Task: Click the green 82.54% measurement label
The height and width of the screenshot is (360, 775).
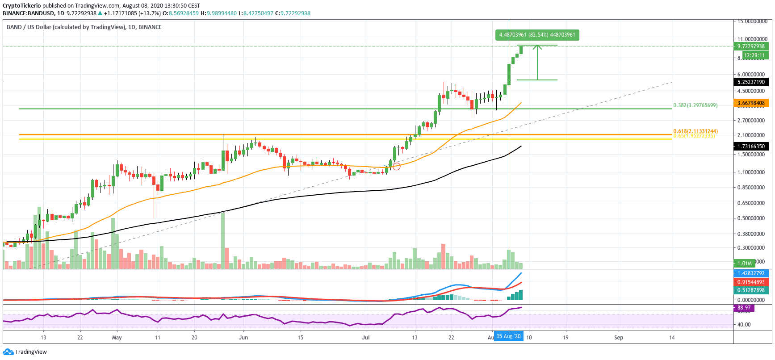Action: click(x=537, y=35)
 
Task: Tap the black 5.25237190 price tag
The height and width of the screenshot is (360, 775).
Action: click(x=751, y=82)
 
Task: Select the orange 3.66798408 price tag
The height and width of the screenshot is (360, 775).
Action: click(x=751, y=103)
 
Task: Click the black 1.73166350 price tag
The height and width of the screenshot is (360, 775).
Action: click(x=751, y=147)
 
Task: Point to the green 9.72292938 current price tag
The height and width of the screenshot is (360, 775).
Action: click(x=751, y=46)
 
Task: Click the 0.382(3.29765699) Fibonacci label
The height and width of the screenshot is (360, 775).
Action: click(x=695, y=105)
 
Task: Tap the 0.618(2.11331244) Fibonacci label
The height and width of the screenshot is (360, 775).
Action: click(x=695, y=131)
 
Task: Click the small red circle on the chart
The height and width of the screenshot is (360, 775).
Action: click(x=396, y=167)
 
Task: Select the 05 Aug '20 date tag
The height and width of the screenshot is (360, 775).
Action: click(x=508, y=336)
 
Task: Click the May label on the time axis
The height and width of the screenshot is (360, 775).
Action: click(x=117, y=337)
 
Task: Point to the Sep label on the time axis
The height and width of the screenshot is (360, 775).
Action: click(x=618, y=337)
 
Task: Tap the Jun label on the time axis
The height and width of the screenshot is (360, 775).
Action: click(x=243, y=337)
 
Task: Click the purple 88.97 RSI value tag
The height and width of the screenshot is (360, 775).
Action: click(x=744, y=308)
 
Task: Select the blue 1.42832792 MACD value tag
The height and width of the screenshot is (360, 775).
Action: click(x=751, y=273)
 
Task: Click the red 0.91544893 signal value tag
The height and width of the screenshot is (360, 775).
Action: click(x=751, y=282)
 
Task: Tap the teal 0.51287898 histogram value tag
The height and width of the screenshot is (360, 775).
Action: click(x=751, y=290)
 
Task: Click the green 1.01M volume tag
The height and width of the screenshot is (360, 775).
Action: click(x=745, y=264)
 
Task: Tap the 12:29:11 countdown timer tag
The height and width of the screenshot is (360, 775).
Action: click(x=754, y=55)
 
